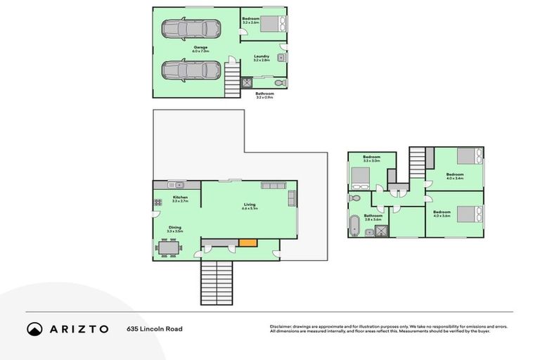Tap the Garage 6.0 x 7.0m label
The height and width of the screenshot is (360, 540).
(201, 49)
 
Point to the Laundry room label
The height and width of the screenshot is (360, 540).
(262, 58)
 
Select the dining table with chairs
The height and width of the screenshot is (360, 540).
(169, 247)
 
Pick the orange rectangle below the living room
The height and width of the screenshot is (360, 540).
(247, 243)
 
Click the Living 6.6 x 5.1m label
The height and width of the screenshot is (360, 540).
(249, 207)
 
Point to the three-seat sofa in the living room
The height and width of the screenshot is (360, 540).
(273, 185)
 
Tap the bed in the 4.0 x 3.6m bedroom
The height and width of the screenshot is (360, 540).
(469, 213)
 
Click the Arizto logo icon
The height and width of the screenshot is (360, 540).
(35, 328)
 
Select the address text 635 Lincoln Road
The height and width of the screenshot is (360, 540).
(150, 328)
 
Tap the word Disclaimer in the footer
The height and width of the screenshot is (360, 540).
(282, 326)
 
